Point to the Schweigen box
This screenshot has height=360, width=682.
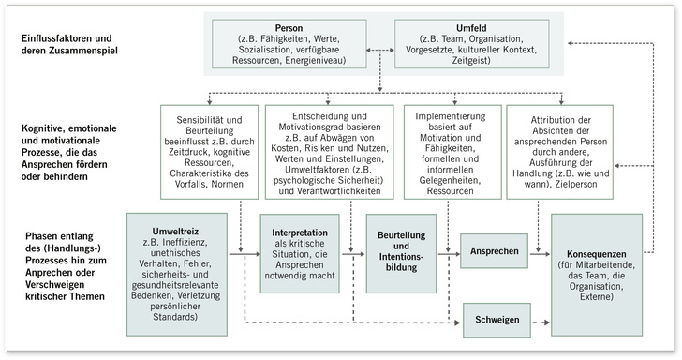point(495,321)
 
